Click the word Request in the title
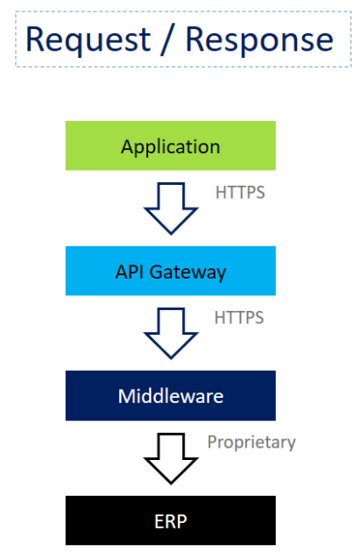(x=88, y=40)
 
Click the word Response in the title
(x=259, y=40)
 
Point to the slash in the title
(x=168, y=39)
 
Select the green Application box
(x=171, y=145)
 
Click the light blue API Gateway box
(x=171, y=271)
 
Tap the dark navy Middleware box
(x=171, y=396)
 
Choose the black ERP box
(x=171, y=520)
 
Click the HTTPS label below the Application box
(x=240, y=193)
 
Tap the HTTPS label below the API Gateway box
(x=239, y=317)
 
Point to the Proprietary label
(x=251, y=442)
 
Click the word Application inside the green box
(x=171, y=147)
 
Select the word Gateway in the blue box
(x=187, y=272)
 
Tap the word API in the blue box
(x=130, y=272)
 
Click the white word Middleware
(x=171, y=396)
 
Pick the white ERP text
(x=171, y=521)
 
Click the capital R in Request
(x=35, y=39)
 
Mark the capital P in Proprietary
(x=212, y=442)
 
